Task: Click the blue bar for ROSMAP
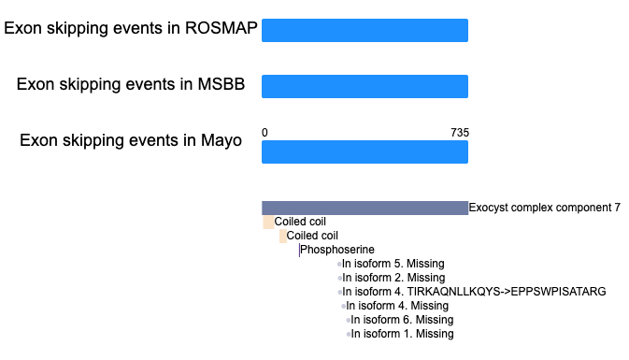pos(365,30)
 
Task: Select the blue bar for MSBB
pos(365,86)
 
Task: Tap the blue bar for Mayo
pos(365,151)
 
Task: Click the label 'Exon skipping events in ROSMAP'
pos(131,28)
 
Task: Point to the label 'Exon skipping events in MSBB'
pos(131,85)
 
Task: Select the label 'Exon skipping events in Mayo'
pos(131,141)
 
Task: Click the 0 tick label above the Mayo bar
pos(264,133)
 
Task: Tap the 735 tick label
pos(460,133)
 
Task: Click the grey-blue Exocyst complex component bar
pos(365,208)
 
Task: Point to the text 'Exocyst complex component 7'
pos(544,208)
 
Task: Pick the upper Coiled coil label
pos(300,222)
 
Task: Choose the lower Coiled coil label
pos(312,236)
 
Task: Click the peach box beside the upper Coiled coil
pos(268,222)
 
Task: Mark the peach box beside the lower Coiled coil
pos(283,236)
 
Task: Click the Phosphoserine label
pos(337,250)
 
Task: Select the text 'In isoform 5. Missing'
pos(393,264)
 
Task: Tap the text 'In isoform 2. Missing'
pos(393,278)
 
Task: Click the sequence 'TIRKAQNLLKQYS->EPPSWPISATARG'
pos(507,292)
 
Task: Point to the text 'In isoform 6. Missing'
pos(402,320)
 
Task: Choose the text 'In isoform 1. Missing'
pos(402,334)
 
